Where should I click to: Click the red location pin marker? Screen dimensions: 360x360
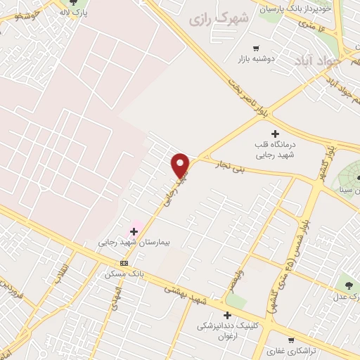coord(181,166)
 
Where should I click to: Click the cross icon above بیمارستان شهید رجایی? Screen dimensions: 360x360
coord(134,231)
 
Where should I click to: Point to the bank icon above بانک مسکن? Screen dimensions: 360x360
coord(124,263)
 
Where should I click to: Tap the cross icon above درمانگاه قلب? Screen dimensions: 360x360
coord(274,134)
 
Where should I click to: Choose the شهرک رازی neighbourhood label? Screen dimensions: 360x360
coord(213,18)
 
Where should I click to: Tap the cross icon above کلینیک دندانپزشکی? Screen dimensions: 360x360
coord(226,316)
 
